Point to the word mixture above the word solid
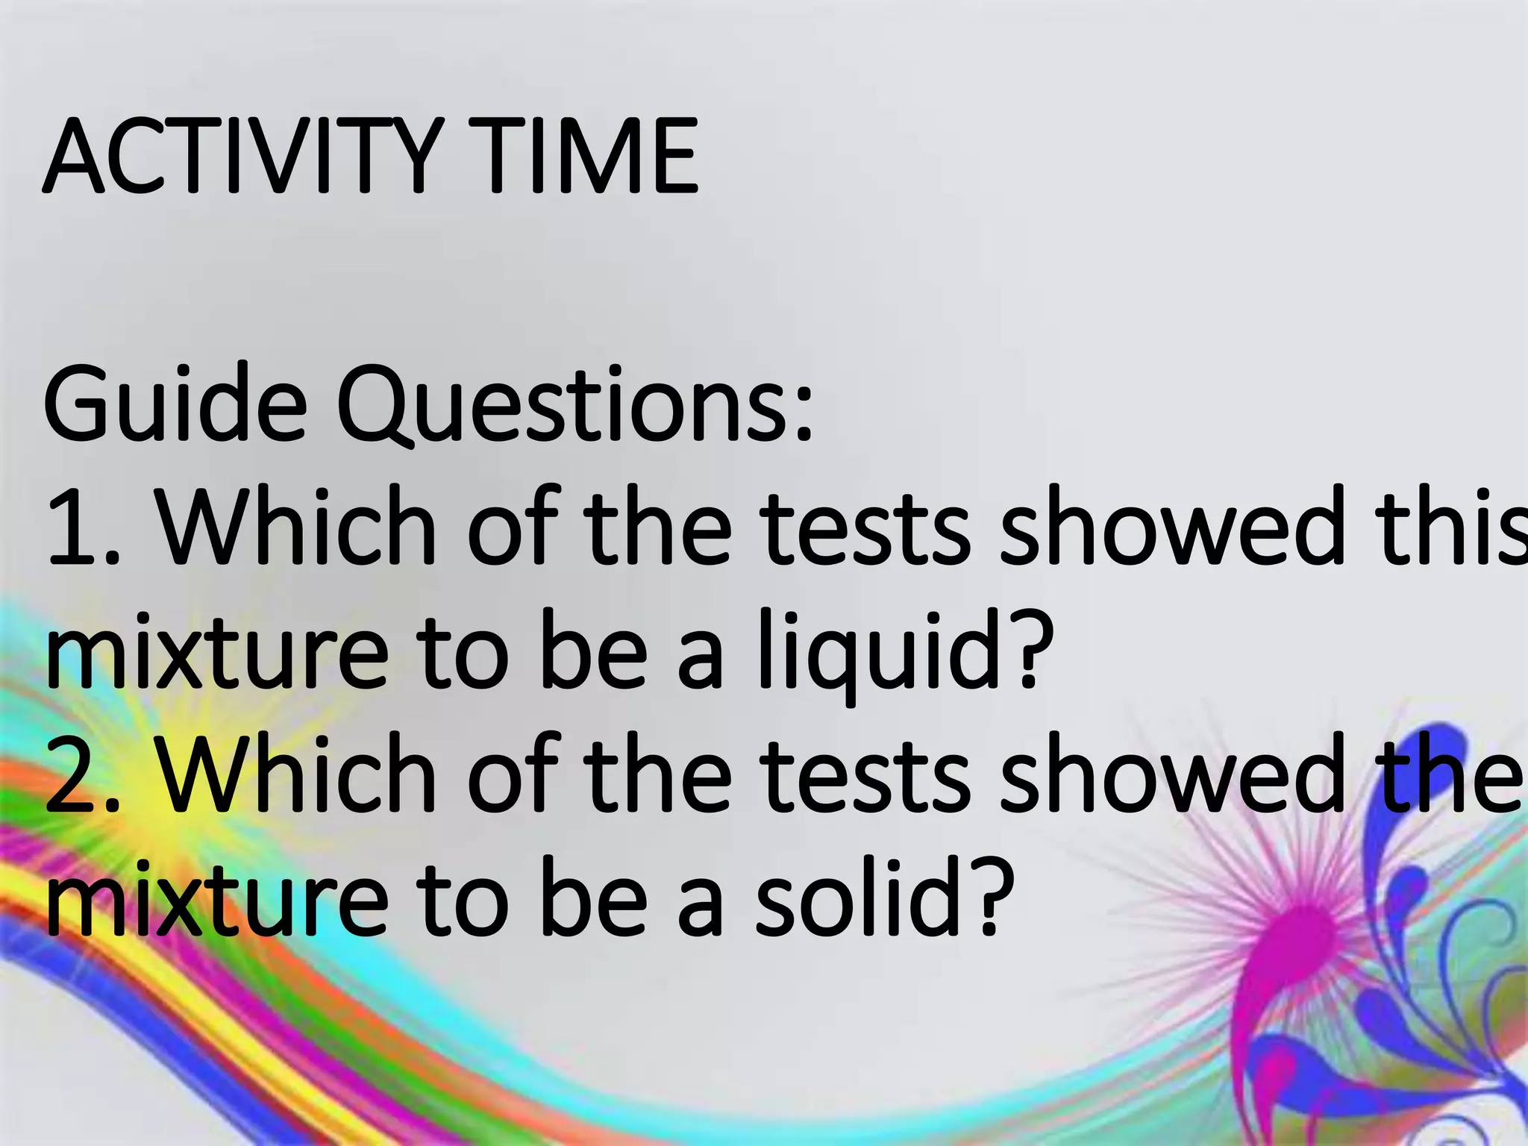click(x=216, y=899)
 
